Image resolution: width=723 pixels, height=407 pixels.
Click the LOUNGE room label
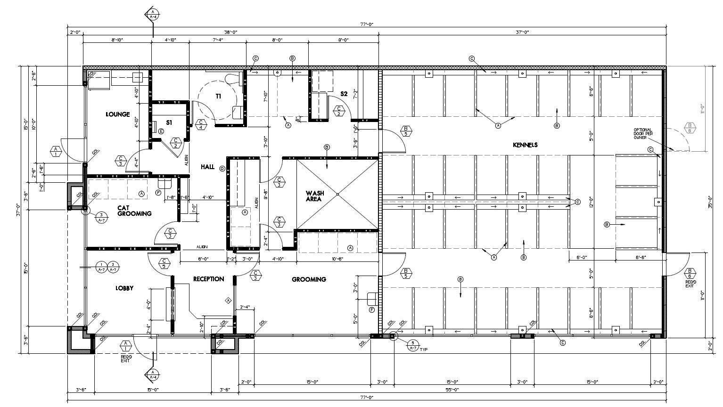pyautogui.click(x=117, y=114)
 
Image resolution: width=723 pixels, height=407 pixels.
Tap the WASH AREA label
pyautogui.click(x=314, y=196)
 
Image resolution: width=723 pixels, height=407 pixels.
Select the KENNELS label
pyautogui.click(x=525, y=145)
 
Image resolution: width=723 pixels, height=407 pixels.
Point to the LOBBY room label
pyautogui.click(x=124, y=288)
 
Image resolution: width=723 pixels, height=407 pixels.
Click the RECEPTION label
pyautogui.click(x=208, y=279)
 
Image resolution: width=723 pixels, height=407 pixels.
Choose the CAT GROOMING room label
pyautogui.click(x=134, y=210)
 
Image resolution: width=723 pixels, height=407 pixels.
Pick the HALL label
pyautogui.click(x=207, y=167)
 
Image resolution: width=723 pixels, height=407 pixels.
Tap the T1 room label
pyautogui.click(x=219, y=96)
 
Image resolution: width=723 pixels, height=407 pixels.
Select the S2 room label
pyautogui.click(x=344, y=94)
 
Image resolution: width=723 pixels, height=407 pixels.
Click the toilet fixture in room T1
pyautogui.click(x=232, y=78)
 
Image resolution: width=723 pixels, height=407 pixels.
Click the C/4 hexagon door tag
pyautogui.click(x=201, y=124)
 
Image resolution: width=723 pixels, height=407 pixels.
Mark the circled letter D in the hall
pyautogui.click(x=222, y=168)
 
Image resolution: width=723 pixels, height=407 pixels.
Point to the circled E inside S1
pyautogui.click(x=161, y=131)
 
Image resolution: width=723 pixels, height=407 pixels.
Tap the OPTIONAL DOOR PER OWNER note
pyautogui.click(x=642, y=134)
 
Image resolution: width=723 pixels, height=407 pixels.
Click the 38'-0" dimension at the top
pyautogui.click(x=230, y=33)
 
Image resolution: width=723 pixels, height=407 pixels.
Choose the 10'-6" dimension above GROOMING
pyautogui.click(x=337, y=259)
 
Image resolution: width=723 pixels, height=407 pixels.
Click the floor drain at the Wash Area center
pyautogui.click(x=337, y=194)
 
